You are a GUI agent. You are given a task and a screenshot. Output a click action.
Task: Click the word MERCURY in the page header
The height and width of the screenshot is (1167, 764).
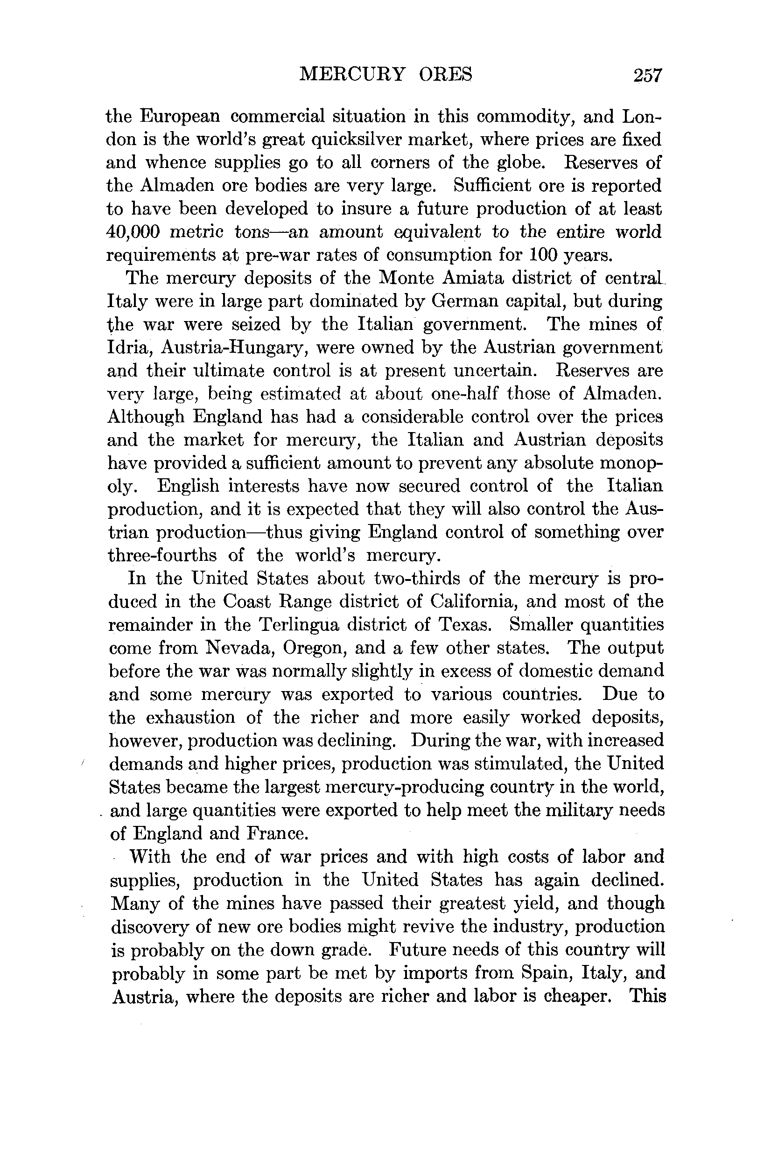click(x=352, y=75)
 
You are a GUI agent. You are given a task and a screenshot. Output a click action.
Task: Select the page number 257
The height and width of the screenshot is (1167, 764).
click(x=647, y=76)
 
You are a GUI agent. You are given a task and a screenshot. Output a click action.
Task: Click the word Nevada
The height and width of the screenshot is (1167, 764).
click(x=238, y=648)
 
